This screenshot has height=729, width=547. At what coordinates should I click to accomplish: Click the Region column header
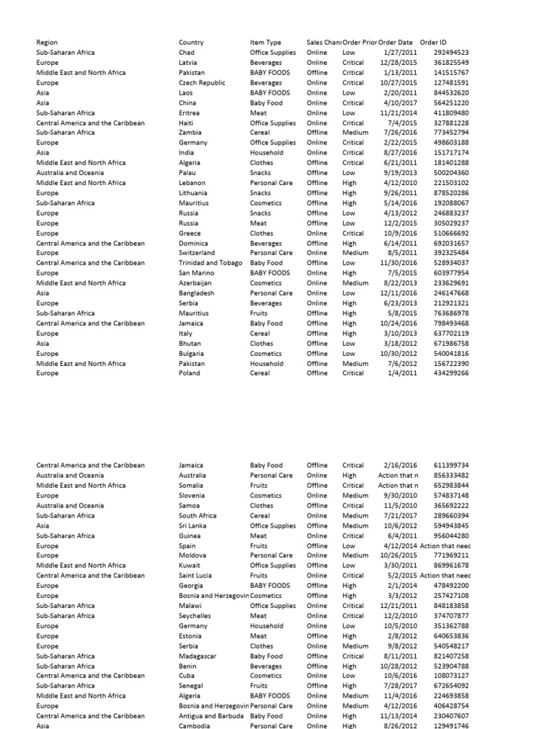click(47, 43)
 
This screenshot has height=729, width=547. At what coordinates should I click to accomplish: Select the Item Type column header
click(266, 43)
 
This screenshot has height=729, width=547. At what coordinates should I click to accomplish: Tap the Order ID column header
click(433, 43)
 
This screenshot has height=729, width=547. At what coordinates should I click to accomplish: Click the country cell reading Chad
click(187, 53)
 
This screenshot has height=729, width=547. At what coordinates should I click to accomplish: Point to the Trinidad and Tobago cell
click(210, 263)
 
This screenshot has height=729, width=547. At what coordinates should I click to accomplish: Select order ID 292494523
click(451, 53)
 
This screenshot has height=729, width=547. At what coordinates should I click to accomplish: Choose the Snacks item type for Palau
click(260, 173)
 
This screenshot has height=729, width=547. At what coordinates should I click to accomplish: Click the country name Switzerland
click(196, 253)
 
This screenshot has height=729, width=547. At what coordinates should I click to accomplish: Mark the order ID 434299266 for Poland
click(451, 373)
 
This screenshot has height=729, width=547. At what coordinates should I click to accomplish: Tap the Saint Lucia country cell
click(195, 575)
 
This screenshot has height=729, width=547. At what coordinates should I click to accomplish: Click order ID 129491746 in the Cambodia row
click(451, 725)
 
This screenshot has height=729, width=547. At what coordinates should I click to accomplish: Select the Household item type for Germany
click(266, 626)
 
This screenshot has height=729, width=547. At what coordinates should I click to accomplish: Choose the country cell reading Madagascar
click(197, 656)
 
